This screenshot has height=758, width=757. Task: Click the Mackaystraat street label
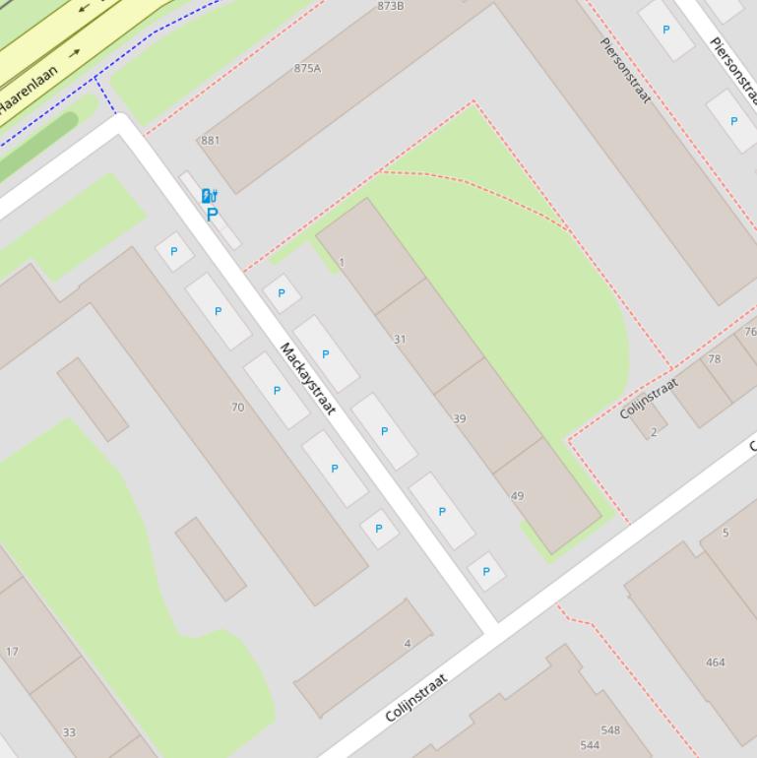(x=308, y=379)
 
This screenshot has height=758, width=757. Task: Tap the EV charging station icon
(x=209, y=196)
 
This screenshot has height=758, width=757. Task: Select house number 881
(x=210, y=141)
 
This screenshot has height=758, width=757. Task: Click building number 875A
(x=307, y=69)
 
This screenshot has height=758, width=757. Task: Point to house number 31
(x=400, y=339)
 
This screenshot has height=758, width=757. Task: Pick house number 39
(x=459, y=418)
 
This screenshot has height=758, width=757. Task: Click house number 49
(x=518, y=496)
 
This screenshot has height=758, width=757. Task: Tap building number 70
(x=237, y=407)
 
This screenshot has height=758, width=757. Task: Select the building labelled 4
(x=407, y=644)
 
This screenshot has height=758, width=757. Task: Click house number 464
(x=716, y=663)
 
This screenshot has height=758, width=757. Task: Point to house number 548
(x=610, y=730)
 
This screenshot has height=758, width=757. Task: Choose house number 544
(x=590, y=745)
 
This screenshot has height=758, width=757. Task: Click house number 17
(x=12, y=652)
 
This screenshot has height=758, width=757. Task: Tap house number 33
(x=69, y=732)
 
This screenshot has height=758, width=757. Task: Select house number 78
(x=715, y=359)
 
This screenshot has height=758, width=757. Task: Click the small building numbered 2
(x=653, y=431)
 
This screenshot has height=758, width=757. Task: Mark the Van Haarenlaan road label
(x=28, y=92)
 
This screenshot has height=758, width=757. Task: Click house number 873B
(x=391, y=6)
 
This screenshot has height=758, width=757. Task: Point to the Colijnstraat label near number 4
(x=415, y=697)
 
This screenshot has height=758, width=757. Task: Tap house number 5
(x=725, y=533)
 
